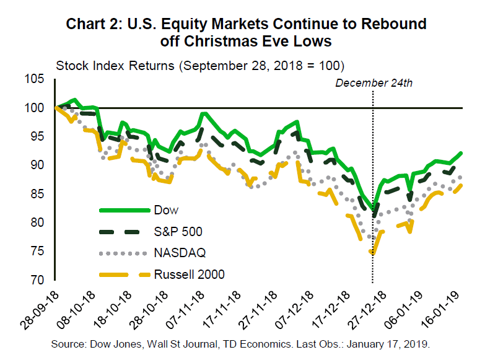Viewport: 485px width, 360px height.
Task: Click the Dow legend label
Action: (x=171, y=211)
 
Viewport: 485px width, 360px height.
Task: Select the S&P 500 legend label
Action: (x=181, y=232)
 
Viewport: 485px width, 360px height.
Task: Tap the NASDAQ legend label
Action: (x=180, y=253)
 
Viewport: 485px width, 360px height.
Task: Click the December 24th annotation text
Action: (x=373, y=83)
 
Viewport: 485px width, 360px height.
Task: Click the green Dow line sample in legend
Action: (x=123, y=211)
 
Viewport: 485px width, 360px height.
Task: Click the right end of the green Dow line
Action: (x=462, y=152)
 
